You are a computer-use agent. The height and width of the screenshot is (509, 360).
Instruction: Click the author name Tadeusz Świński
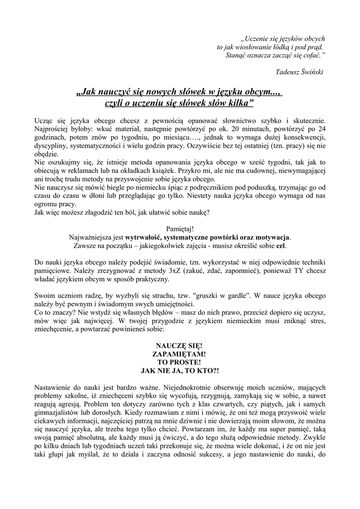[299, 72]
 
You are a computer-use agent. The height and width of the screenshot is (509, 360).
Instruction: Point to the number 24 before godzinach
[321, 128]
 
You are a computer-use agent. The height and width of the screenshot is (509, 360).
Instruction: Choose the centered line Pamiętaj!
[180, 230]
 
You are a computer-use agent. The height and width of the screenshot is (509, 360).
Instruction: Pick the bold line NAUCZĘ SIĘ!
[180, 346]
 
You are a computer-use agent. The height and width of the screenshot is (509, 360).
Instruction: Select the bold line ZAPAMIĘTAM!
[180, 354]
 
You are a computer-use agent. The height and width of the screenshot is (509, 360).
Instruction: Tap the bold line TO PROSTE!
[180, 363]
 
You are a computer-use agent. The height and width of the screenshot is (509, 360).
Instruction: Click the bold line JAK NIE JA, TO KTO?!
[180, 371]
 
